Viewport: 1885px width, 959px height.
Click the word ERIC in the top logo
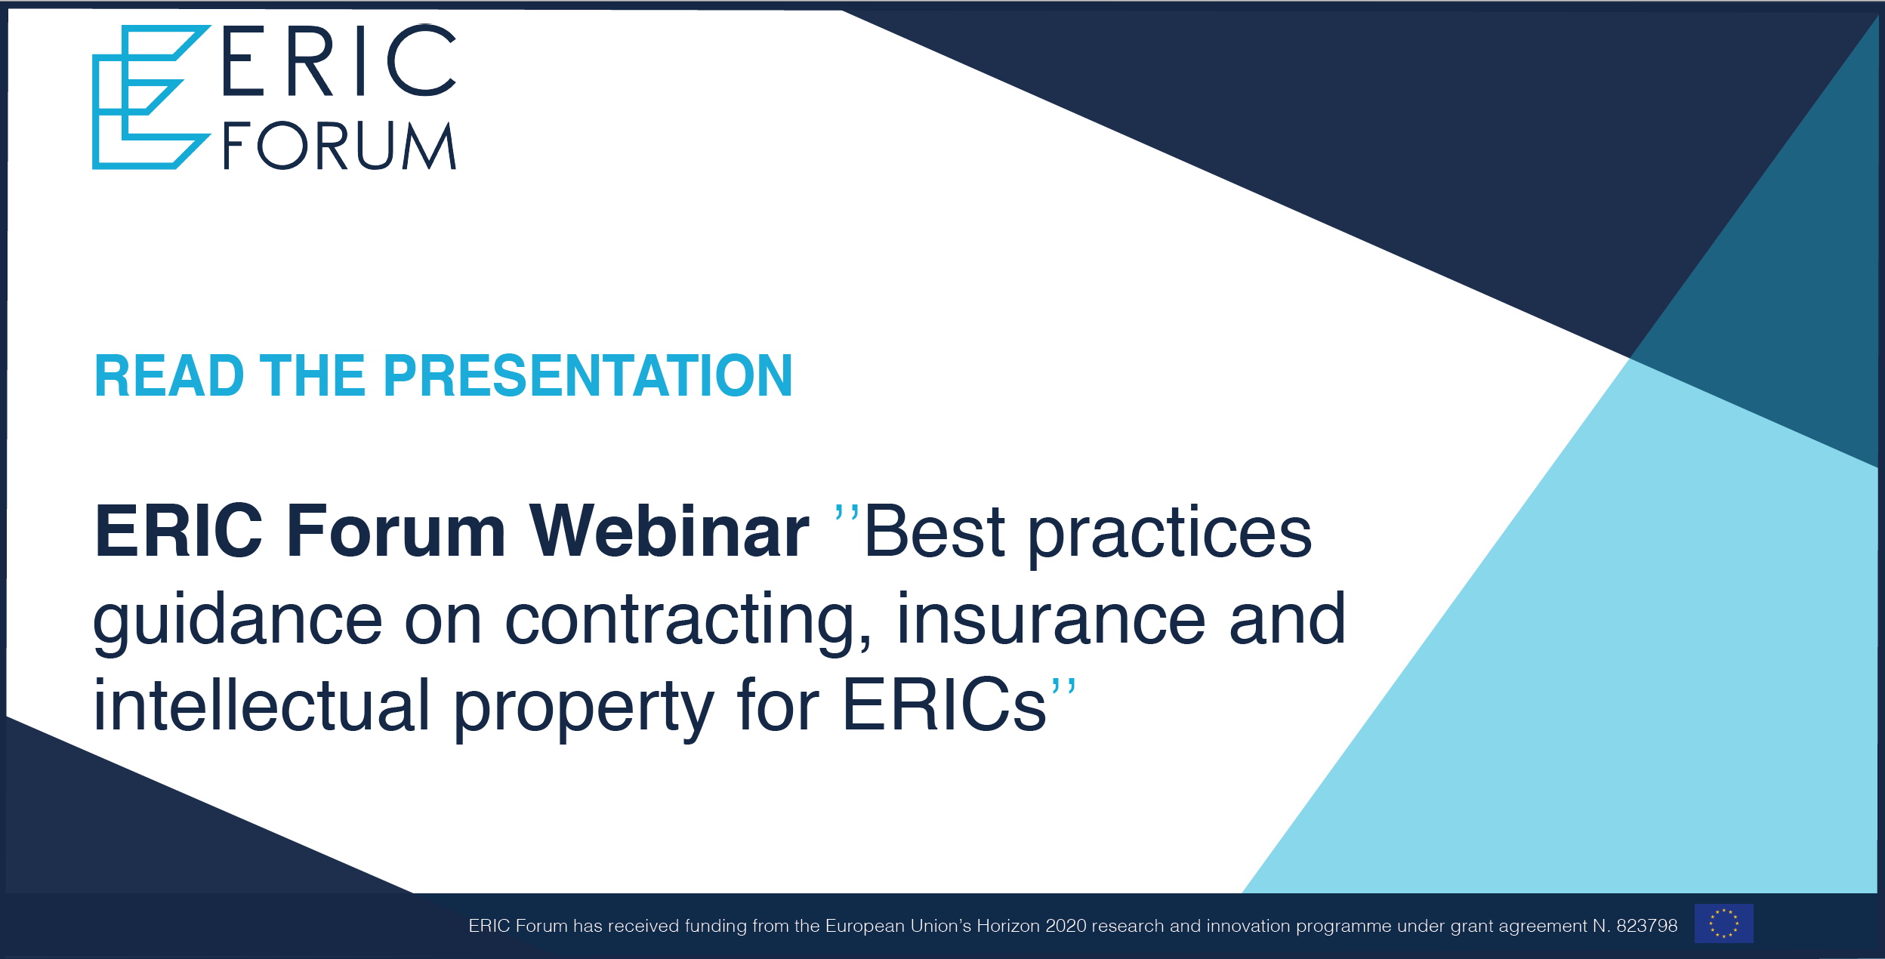pos(340,60)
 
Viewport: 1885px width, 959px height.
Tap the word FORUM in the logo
pos(340,145)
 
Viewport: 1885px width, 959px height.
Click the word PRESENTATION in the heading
pos(588,375)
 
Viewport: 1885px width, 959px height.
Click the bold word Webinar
pos(669,531)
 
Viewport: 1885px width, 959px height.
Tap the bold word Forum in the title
pos(396,531)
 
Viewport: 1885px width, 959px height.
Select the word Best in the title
pos(934,531)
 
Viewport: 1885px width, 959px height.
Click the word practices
pos(1170,535)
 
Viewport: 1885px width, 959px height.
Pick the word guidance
pos(238,621)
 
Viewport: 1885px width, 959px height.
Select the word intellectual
pos(261,705)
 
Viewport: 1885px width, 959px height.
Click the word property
pos(584,709)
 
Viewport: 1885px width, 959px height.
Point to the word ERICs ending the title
pos(944,705)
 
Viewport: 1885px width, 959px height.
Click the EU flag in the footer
pos(1724,924)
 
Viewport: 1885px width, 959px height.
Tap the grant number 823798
pos(1646,926)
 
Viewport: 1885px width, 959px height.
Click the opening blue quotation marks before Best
pos(847,515)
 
